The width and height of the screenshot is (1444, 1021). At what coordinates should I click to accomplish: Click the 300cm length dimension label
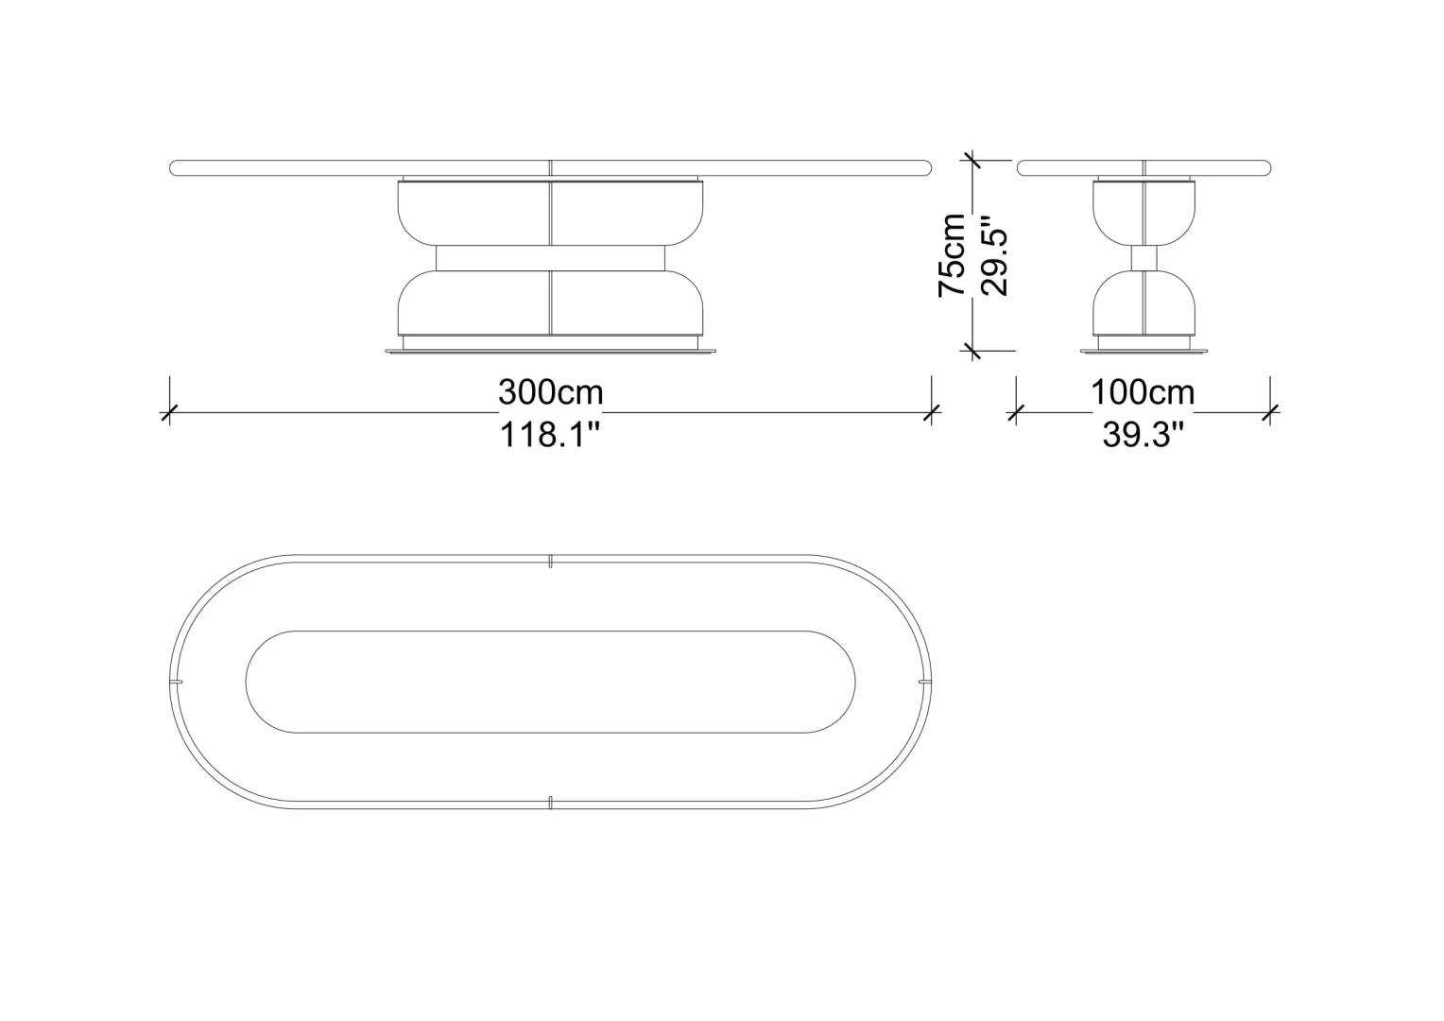click(x=551, y=392)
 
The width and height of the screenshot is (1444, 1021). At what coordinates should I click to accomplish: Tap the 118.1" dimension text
click(x=551, y=435)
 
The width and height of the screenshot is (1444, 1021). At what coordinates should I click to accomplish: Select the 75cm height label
click(x=952, y=254)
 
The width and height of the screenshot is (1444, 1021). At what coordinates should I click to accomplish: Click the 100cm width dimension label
click(x=1143, y=392)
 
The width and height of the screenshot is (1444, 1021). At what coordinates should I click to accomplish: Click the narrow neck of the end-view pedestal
click(x=1144, y=259)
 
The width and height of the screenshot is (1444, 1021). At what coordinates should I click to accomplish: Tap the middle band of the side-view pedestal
click(x=551, y=258)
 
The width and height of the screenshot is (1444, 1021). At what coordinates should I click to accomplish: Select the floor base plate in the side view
click(x=551, y=352)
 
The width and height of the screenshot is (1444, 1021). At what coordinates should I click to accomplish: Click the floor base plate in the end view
click(x=1144, y=352)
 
